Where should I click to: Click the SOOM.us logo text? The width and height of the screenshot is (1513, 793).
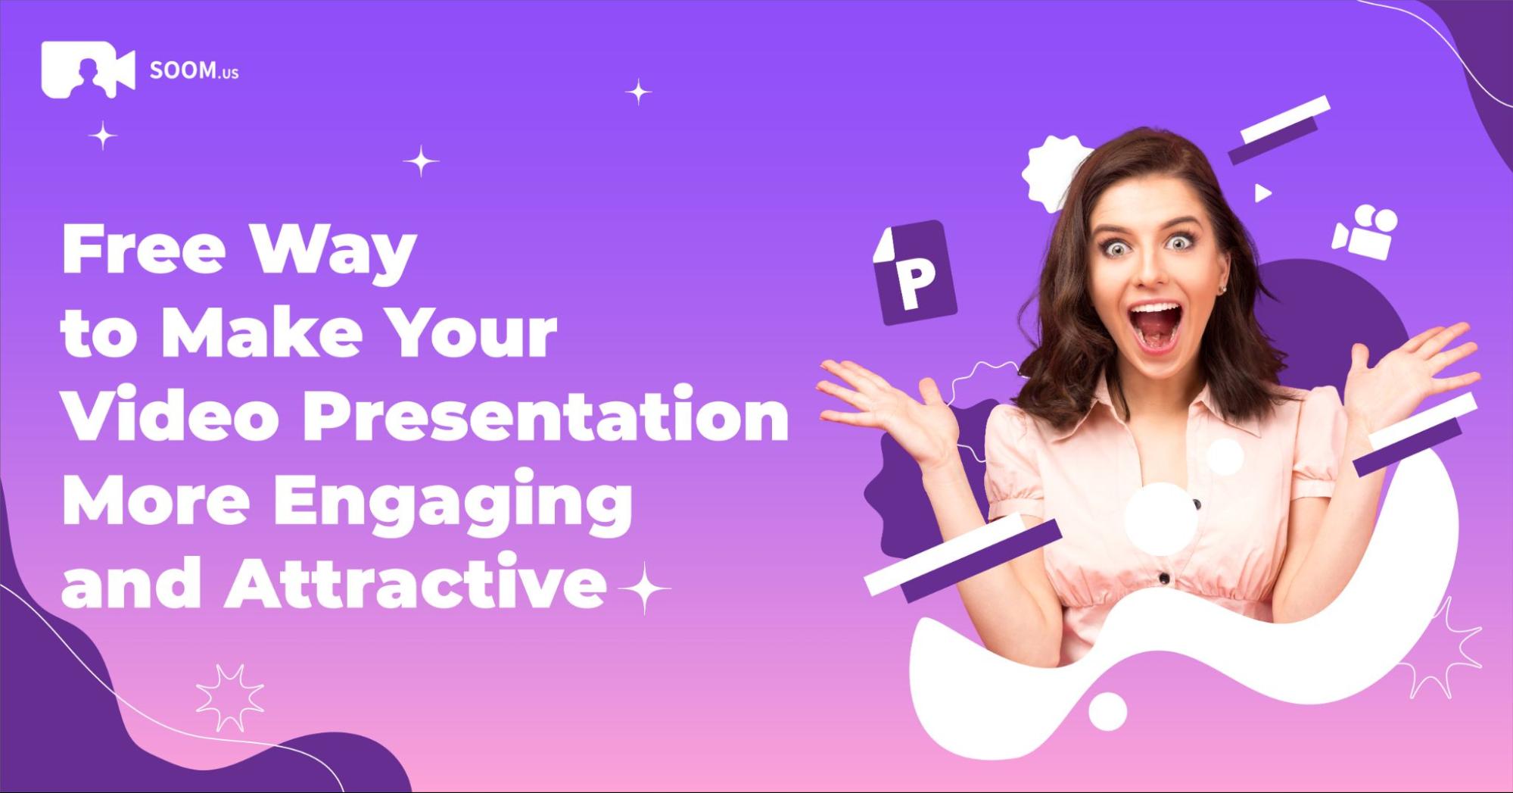click(194, 70)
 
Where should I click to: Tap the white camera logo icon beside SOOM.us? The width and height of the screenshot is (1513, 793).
click(88, 70)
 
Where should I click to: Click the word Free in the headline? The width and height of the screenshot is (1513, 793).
click(144, 248)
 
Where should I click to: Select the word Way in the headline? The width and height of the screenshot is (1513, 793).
click(334, 253)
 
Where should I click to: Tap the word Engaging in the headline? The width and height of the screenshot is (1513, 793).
click(453, 502)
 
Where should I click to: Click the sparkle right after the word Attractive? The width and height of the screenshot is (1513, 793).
click(643, 588)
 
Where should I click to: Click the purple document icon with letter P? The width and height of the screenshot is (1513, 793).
click(914, 273)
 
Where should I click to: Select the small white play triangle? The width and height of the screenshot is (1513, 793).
click(1262, 193)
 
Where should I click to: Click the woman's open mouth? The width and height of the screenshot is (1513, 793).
click(1154, 327)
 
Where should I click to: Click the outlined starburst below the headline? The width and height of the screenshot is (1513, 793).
click(230, 698)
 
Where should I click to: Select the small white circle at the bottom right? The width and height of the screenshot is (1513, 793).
click(1107, 711)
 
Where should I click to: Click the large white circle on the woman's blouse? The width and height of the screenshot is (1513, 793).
click(1160, 519)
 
